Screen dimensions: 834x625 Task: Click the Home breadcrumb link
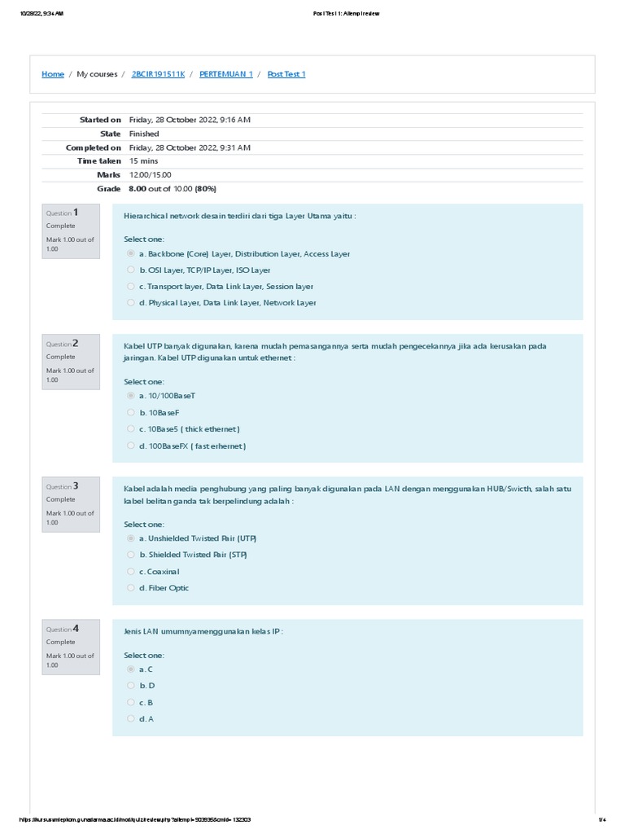pyautogui.click(x=53, y=74)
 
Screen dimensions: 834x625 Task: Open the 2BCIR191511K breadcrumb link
pyautogui.click(x=158, y=74)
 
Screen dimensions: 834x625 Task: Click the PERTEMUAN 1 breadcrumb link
pyautogui.click(x=225, y=74)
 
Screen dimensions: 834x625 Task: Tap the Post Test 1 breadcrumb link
pyautogui.click(x=286, y=74)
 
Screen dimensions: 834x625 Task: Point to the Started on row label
pyautogui.click(x=99, y=120)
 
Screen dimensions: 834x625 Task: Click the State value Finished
pyautogui.click(x=144, y=134)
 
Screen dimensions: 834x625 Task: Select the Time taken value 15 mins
pyautogui.click(x=143, y=161)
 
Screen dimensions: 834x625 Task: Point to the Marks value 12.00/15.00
pyautogui.click(x=150, y=175)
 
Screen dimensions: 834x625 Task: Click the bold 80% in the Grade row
pyautogui.click(x=205, y=189)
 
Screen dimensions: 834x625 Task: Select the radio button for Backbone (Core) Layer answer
pyautogui.click(x=130, y=254)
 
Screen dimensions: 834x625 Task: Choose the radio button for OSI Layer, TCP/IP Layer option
pyautogui.click(x=130, y=270)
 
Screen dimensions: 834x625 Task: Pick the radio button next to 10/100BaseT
pyautogui.click(x=130, y=396)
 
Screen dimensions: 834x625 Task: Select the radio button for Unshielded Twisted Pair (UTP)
pyautogui.click(x=130, y=539)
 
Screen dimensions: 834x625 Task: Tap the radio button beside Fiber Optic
pyautogui.click(x=130, y=588)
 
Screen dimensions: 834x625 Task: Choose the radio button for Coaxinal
pyautogui.click(x=130, y=572)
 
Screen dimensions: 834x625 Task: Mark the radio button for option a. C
pyautogui.click(x=130, y=669)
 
